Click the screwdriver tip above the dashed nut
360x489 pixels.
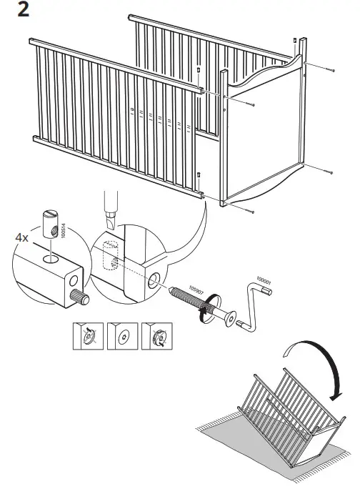point(111,219)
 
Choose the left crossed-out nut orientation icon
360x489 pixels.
point(88,335)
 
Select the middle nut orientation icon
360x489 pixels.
point(122,335)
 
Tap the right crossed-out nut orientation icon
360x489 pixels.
point(156,335)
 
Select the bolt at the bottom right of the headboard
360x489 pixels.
point(329,173)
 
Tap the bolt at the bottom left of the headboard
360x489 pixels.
point(251,212)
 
